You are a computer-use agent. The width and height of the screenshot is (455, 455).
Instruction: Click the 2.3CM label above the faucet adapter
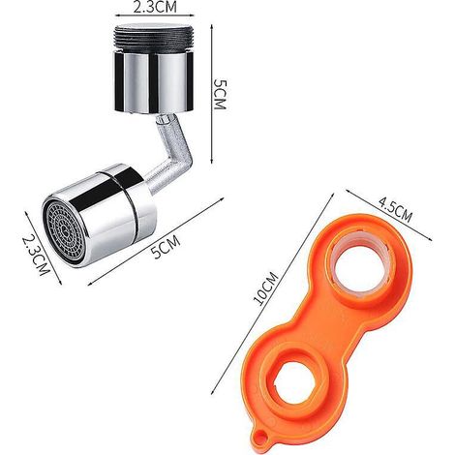point(155,8)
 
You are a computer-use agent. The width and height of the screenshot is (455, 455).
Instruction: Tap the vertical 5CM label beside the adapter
point(221,94)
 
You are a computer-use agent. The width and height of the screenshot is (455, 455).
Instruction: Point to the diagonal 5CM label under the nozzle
point(166,246)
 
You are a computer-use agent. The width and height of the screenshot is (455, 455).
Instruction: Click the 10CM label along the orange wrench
point(265,288)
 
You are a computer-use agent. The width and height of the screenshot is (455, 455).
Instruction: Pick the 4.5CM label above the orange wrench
point(395,211)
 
